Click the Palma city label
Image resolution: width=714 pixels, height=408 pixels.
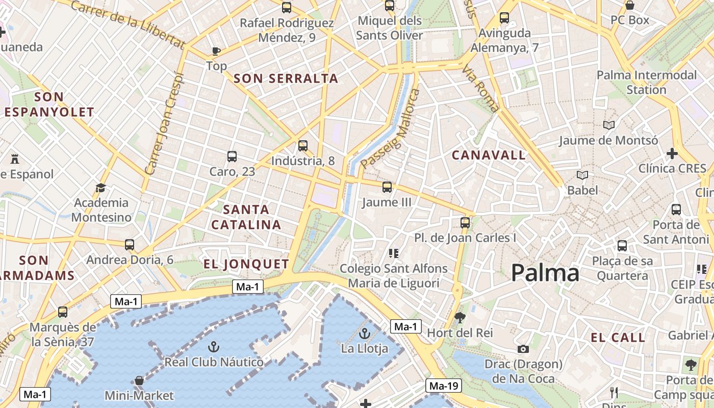click(545, 273)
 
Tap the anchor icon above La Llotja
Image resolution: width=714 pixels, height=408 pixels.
click(364, 334)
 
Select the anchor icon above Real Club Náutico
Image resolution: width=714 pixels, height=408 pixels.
click(214, 347)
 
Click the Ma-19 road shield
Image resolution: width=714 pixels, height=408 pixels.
click(443, 386)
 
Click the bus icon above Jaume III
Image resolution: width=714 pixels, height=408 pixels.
click(387, 187)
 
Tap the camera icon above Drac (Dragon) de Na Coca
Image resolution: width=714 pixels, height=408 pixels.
click(523, 349)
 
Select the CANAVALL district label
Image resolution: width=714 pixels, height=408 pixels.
click(489, 155)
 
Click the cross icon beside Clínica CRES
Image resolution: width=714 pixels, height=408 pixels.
click(672, 153)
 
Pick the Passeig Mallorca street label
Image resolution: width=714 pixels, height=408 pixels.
click(390, 129)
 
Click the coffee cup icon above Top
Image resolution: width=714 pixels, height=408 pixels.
click(216, 50)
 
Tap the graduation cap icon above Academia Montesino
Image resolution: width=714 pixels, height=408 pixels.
click(100, 188)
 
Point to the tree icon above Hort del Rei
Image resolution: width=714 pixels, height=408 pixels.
click(460, 318)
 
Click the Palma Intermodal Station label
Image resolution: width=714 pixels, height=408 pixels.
click(646, 82)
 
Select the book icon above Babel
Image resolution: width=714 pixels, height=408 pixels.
click(582, 175)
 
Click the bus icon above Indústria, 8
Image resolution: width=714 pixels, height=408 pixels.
click(303, 146)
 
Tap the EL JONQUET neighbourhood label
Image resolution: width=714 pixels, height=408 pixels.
click(246, 264)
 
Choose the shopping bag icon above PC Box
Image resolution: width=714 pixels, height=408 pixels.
click(630, 6)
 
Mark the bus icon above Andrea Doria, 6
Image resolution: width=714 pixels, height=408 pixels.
click(130, 245)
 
